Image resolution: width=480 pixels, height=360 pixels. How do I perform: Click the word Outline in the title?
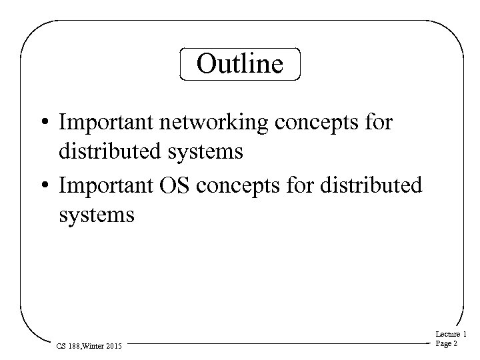pos(240,64)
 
